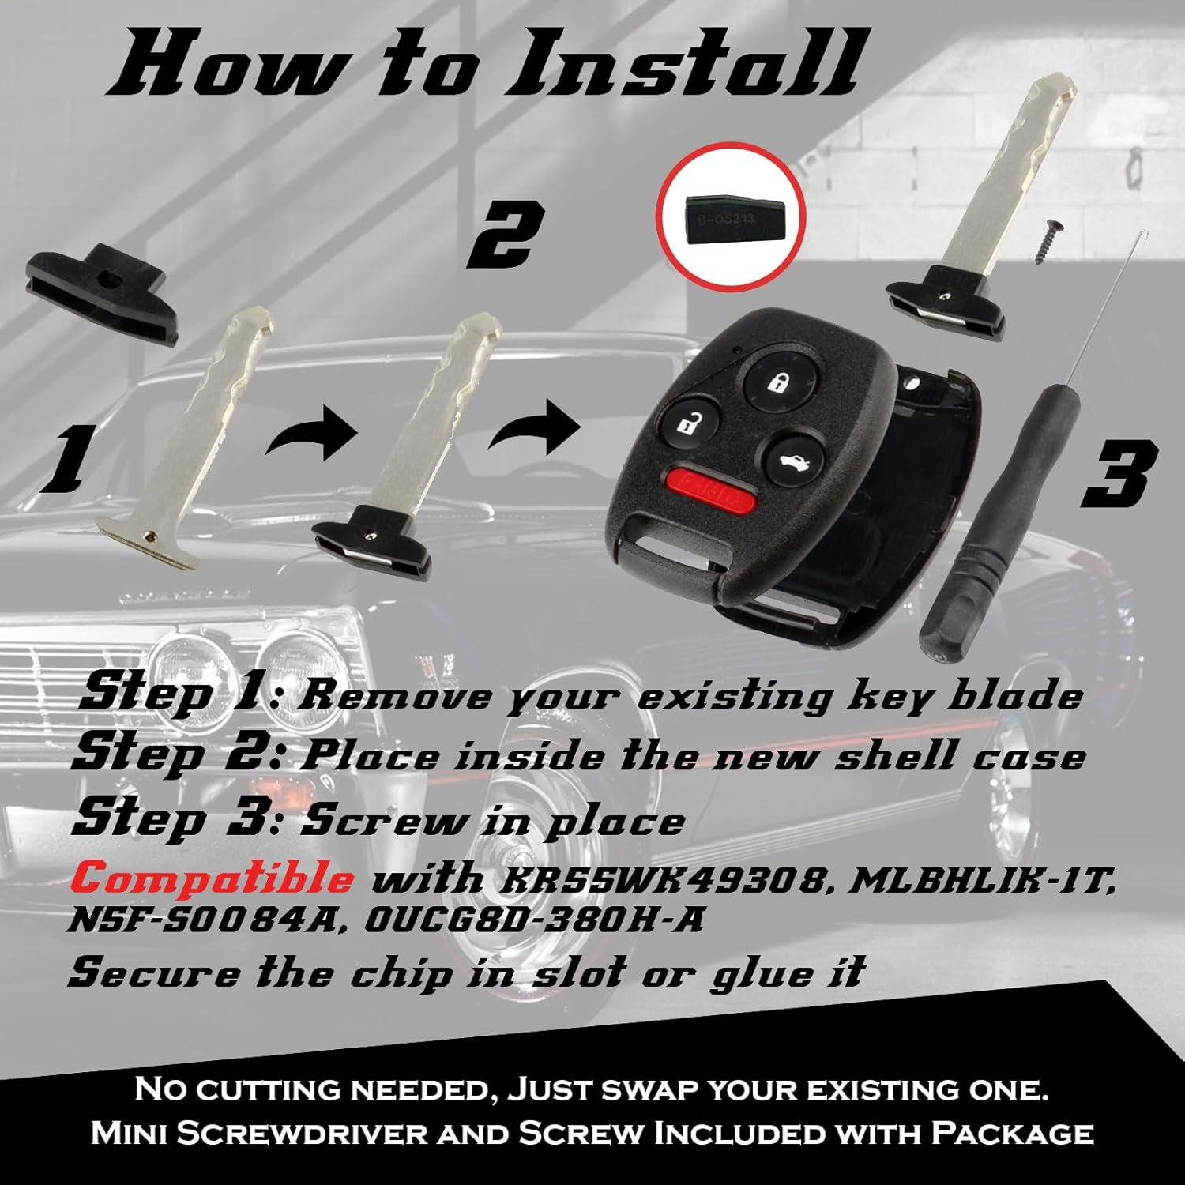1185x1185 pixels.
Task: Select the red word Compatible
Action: pos(216,878)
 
